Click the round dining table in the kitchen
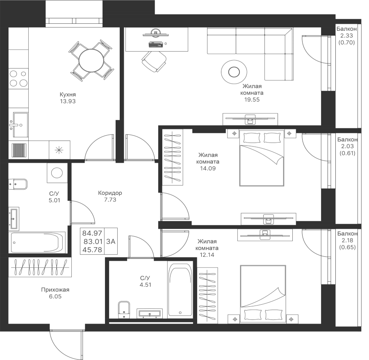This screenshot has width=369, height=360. [x=91, y=61]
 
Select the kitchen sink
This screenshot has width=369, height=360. [x=20, y=125]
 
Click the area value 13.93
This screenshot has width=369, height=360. [x=68, y=101]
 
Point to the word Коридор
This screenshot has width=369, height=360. [x=110, y=193]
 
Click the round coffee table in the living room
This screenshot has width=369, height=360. [x=234, y=72]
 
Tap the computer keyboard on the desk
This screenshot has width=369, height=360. [x=155, y=44]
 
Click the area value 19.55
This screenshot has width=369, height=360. [x=252, y=100]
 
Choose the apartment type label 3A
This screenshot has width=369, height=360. [x=111, y=242]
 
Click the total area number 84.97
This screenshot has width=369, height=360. [x=92, y=233]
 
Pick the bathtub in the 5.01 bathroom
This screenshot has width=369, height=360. [x=37, y=242]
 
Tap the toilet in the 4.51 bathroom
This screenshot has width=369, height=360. [x=124, y=310]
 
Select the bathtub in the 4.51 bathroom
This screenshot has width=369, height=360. [x=180, y=290]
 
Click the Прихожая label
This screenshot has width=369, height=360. [x=55, y=290]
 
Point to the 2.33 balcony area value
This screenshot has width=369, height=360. [x=346, y=36]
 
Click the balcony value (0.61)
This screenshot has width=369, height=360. [x=347, y=153]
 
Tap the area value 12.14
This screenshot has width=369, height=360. [x=207, y=255]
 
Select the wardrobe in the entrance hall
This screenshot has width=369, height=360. [x=40, y=267]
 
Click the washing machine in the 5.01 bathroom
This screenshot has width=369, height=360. [x=57, y=173]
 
